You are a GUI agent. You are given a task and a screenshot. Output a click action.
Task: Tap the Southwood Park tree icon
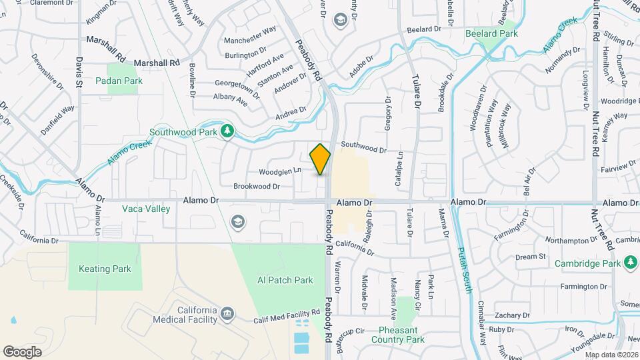pyautogui.click(x=227, y=131)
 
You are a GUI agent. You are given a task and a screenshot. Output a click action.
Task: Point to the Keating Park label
pyautogui.click(x=105, y=269)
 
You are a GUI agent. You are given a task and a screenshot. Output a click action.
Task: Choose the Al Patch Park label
pyautogui.click(x=285, y=281)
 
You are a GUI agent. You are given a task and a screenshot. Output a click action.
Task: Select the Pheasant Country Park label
pyautogui.click(x=401, y=335)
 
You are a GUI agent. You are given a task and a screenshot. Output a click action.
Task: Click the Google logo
pyautogui.click(x=22, y=351)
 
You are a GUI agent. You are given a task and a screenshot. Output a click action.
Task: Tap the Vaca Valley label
pyautogui.click(x=146, y=209)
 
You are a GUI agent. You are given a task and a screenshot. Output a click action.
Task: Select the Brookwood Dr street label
pyautogui.click(x=256, y=187)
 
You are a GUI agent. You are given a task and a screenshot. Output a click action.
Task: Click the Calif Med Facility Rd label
pyautogui.click(x=287, y=317)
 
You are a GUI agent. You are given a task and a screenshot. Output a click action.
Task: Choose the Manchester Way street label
pyautogui.click(x=250, y=31)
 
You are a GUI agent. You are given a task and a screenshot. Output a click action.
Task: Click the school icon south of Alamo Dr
pyautogui.click(x=237, y=221)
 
